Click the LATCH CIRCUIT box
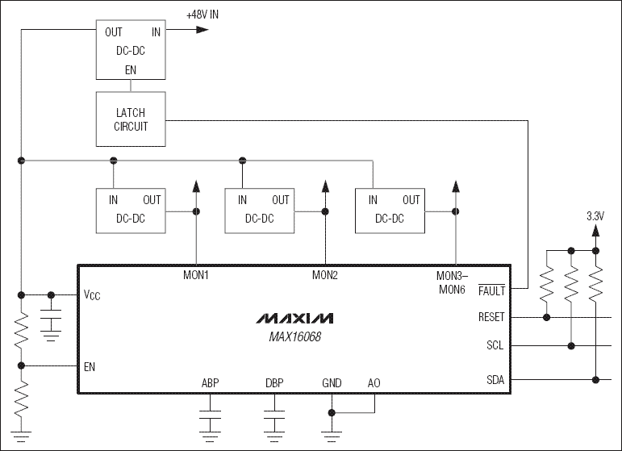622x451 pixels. pos(131,119)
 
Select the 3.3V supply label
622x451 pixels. pos(595,216)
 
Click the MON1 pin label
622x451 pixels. pos(196,275)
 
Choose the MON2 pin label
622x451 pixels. pos(325,275)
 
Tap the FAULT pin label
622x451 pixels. pos(491,289)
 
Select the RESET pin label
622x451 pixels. pos(491,317)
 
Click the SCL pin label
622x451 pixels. pos(495,346)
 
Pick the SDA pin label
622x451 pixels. pos(495,379)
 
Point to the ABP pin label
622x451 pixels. pos(211,383)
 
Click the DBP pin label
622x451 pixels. pos(275,383)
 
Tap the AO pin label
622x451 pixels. pos(374,383)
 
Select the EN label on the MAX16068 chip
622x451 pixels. pos(90,365)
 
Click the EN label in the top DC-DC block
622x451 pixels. pos(131,70)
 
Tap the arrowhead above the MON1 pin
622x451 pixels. pos(196,186)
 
